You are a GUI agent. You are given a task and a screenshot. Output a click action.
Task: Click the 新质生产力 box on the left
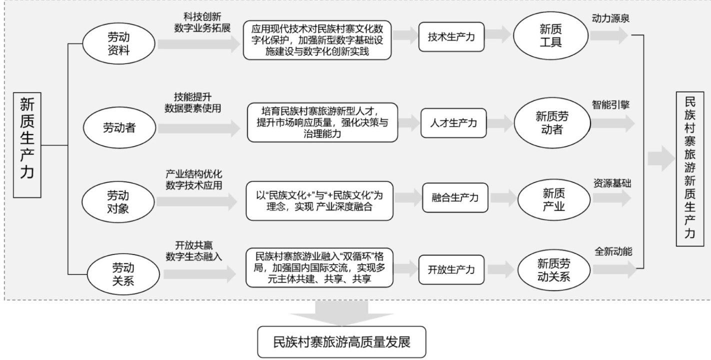point(27,144)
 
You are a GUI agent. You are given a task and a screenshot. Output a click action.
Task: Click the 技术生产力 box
point(451,37)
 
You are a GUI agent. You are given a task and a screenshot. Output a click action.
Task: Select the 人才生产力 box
point(453,123)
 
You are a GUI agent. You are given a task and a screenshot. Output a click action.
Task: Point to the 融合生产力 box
point(454,197)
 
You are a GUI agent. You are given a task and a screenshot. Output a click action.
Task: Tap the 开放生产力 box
point(451,270)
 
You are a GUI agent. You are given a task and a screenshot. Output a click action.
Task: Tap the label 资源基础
point(612,183)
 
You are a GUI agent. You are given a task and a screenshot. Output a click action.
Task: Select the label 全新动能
point(613,252)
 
